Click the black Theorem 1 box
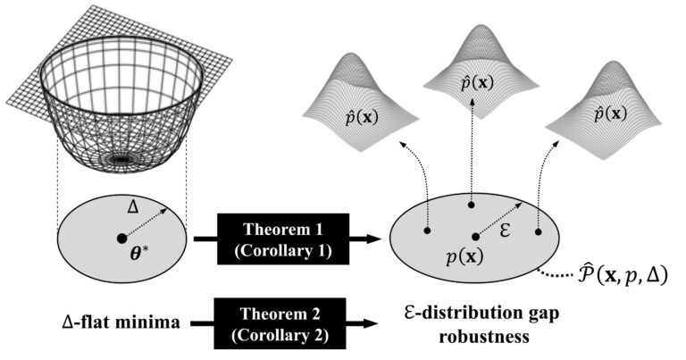pos(283,239)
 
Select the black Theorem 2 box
pos(280,323)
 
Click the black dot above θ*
pos(122,239)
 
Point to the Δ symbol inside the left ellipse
pos(132,206)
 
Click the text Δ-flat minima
pos(121,322)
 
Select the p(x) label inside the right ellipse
pos(464,257)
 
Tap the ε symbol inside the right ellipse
pos(505,230)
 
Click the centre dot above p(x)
pos(476,237)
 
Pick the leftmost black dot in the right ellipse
pos(427,230)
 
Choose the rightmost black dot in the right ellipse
pos(538,232)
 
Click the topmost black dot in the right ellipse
pos(472,205)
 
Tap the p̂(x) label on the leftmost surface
pos(362,118)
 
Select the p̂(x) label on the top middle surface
pos(477,83)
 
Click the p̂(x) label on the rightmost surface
pos(610,114)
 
